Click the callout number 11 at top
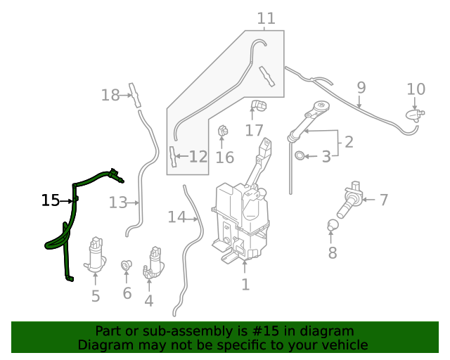[x=266, y=18]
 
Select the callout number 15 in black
[x=50, y=200]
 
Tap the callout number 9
[x=361, y=88]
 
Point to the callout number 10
[x=416, y=89]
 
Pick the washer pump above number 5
[x=95, y=255]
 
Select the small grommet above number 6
[x=127, y=265]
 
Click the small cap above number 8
[x=333, y=226]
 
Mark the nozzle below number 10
[x=415, y=114]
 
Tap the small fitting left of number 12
[x=172, y=156]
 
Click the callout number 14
[x=176, y=217]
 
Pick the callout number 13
[x=117, y=202]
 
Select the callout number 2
[x=348, y=142]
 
